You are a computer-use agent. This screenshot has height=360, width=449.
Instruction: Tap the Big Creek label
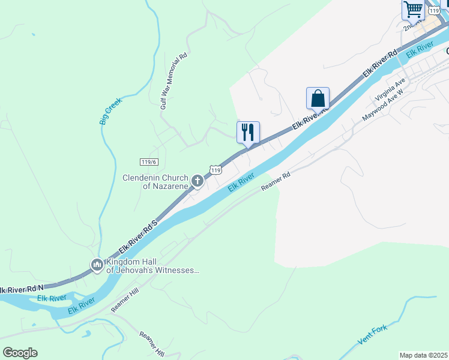click(x=110, y=111)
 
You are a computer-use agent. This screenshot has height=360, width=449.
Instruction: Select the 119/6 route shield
click(x=148, y=162)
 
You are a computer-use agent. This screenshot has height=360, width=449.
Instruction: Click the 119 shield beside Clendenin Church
click(x=215, y=170)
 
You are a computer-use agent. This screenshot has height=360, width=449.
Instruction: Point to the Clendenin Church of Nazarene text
click(x=155, y=182)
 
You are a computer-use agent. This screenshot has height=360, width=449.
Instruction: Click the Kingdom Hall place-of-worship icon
click(x=97, y=264)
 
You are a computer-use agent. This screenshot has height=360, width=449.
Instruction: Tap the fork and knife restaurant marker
click(x=249, y=133)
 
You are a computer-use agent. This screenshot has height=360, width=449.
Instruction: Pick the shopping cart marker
click(x=413, y=10)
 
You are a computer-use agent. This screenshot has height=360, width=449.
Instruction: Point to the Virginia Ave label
click(x=391, y=89)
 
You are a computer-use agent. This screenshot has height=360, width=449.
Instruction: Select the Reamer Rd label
click(x=276, y=183)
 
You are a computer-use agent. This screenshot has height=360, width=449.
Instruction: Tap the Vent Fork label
click(x=373, y=334)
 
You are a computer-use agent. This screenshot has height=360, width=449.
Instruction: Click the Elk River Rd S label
click(x=137, y=235)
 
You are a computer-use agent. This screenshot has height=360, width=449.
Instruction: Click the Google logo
click(x=20, y=353)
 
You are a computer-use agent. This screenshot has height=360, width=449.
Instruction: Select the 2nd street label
click(x=411, y=27)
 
